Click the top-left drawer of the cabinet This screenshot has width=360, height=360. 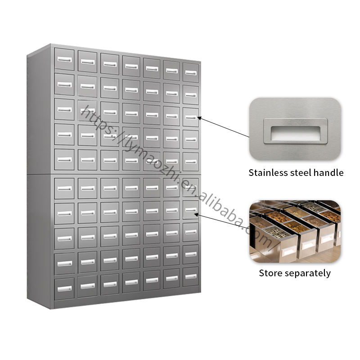64,59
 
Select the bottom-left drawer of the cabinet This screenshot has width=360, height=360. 64,288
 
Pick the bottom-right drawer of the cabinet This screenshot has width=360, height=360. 190,277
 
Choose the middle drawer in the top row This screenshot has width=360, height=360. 130,66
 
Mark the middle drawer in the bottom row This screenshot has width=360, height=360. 130,282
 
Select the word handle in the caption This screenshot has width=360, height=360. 331,172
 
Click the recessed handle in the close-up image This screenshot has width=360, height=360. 296,132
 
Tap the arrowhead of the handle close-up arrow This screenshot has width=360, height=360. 199,117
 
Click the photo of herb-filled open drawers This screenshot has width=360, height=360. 295,231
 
